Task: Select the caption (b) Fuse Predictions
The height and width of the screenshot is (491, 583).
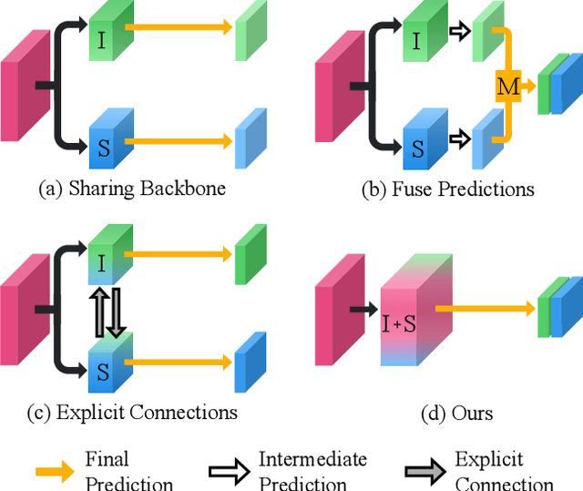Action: click(x=447, y=189)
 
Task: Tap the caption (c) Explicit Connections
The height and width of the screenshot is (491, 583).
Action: click(x=133, y=412)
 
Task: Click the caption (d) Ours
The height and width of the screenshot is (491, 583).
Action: click(x=459, y=413)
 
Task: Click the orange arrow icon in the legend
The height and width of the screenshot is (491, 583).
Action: click(x=55, y=471)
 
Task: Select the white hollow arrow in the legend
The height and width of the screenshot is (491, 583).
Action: click(x=228, y=471)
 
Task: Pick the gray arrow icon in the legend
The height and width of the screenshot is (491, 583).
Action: click(x=424, y=471)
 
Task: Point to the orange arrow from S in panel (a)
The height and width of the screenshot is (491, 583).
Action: click(x=179, y=141)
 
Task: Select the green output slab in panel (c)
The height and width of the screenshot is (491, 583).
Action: click(x=248, y=250)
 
